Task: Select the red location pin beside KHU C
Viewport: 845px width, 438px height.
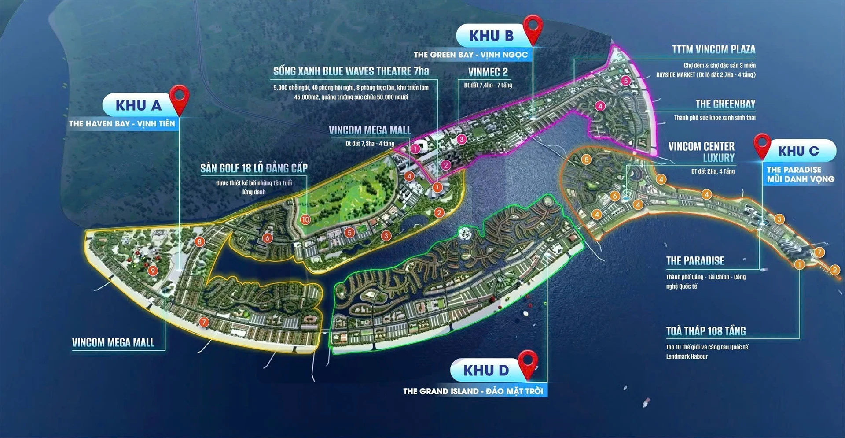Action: click(762, 145)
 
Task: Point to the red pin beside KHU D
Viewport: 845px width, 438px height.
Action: click(528, 363)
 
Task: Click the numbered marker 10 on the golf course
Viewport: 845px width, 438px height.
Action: click(305, 219)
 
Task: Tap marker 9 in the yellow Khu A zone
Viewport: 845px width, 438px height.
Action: click(153, 271)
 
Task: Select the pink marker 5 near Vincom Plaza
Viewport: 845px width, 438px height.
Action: click(625, 81)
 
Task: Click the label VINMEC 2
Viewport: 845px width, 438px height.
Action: click(488, 72)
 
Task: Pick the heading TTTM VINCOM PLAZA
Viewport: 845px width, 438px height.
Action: click(713, 49)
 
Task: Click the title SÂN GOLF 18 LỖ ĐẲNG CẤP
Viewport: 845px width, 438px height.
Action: click(254, 168)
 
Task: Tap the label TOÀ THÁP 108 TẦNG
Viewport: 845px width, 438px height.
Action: click(705, 331)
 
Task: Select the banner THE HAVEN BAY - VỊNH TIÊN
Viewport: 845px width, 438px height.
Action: click(122, 124)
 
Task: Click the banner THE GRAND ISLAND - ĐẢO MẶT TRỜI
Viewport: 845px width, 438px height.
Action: click(473, 391)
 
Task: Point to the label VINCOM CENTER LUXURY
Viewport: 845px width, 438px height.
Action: click(702, 152)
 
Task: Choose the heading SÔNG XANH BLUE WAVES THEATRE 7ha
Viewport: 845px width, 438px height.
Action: click(351, 71)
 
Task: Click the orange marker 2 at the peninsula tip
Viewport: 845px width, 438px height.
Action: click(834, 270)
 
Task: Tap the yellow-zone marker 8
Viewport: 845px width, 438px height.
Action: click(200, 241)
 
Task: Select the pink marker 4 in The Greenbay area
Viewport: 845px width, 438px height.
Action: click(600, 106)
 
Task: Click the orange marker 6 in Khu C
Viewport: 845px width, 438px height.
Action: click(615, 196)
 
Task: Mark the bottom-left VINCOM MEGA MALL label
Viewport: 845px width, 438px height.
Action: click(113, 342)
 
